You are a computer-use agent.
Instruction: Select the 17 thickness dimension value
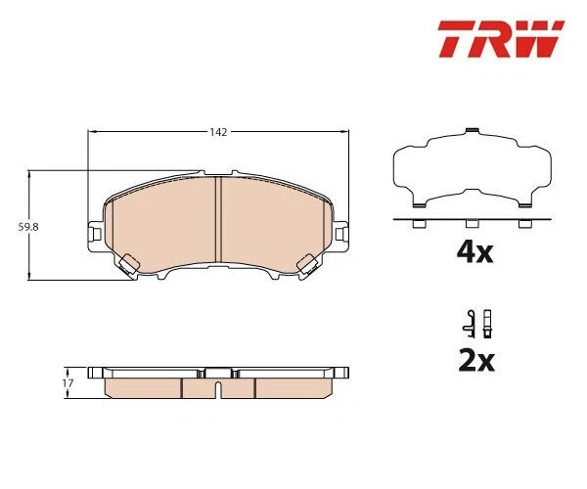click(68, 382)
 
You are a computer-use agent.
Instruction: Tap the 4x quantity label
click(474, 253)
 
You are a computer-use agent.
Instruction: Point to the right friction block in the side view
click(291, 385)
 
